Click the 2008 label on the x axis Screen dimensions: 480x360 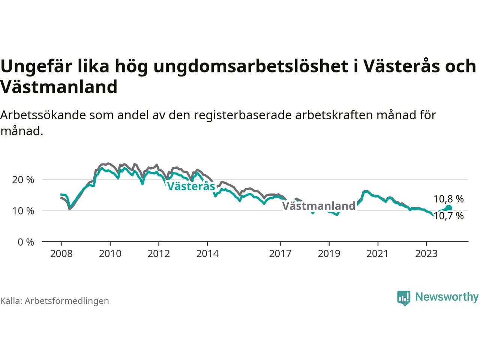(61, 254)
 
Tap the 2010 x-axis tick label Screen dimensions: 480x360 (110, 254)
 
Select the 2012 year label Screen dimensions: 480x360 (159, 254)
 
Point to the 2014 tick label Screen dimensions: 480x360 (207, 254)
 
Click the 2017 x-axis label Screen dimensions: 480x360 (280, 254)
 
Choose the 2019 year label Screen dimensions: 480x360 (329, 254)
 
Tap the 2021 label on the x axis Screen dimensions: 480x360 (378, 254)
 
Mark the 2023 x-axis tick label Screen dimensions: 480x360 (426, 254)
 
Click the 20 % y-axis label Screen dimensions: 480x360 (23, 180)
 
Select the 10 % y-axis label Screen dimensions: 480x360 (23, 211)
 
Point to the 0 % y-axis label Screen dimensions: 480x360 (26, 242)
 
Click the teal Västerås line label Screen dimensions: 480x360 (191, 186)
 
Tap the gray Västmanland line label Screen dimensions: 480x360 (319, 206)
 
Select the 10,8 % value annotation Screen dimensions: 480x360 (448, 199)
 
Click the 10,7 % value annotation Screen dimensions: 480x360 (448, 216)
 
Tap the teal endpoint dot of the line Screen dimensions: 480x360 (448, 208)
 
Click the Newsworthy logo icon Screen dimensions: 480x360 (403, 298)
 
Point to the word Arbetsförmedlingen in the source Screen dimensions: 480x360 (67, 301)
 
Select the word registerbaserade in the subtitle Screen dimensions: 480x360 (243, 115)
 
